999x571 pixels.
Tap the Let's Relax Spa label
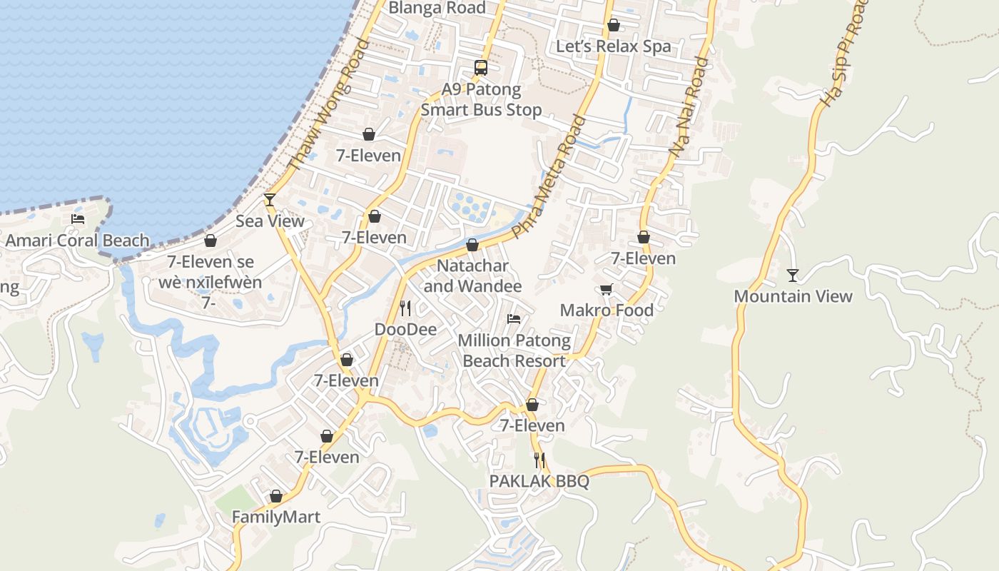(x=613, y=46)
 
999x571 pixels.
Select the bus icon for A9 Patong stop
(x=481, y=68)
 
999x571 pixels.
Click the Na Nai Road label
(x=689, y=108)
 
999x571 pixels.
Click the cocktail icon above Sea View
(x=270, y=199)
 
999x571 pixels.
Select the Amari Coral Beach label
(x=77, y=241)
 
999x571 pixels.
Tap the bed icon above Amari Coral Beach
(x=78, y=219)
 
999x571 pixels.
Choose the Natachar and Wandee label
(x=472, y=276)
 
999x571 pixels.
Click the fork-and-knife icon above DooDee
(x=405, y=308)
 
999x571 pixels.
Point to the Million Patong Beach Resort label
(x=514, y=350)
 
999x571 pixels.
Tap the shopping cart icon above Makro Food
(x=606, y=290)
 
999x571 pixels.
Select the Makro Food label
(x=607, y=310)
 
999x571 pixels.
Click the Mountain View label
(x=793, y=296)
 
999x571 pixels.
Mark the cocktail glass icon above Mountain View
(x=792, y=275)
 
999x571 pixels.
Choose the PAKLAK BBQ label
(x=539, y=481)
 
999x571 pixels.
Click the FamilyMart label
(x=276, y=517)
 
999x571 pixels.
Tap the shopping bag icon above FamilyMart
(x=276, y=496)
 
